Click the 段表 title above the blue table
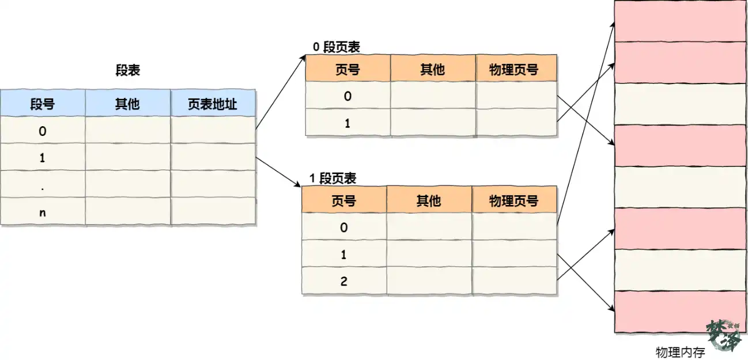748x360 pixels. click(127, 70)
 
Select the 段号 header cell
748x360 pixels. click(43, 103)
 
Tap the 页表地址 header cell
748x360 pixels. click(213, 103)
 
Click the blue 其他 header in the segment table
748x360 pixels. click(128, 103)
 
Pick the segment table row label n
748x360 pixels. click(43, 213)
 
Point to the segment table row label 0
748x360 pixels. click(43, 131)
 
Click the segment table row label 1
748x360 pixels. click(43, 157)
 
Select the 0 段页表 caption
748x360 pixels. click(337, 47)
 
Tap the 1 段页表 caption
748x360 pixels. click(333, 178)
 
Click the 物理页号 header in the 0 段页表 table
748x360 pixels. click(516, 69)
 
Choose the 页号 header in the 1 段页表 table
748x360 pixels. click(344, 199)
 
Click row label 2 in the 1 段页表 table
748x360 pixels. click(344, 281)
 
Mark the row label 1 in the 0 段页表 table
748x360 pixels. click(347, 123)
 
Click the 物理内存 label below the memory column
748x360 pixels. click(680, 352)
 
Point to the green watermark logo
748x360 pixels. click(724, 335)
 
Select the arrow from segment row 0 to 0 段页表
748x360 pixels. click(281, 92)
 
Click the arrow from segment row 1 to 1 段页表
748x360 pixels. click(278, 172)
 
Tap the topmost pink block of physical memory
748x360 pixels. click(681, 21)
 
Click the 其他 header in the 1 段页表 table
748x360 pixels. click(429, 199)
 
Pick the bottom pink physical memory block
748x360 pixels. click(681, 312)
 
